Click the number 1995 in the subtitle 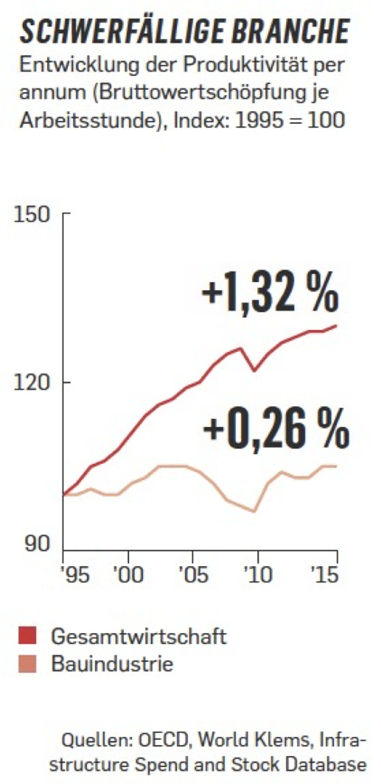click(258, 120)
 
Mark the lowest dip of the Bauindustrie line click(254, 511)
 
